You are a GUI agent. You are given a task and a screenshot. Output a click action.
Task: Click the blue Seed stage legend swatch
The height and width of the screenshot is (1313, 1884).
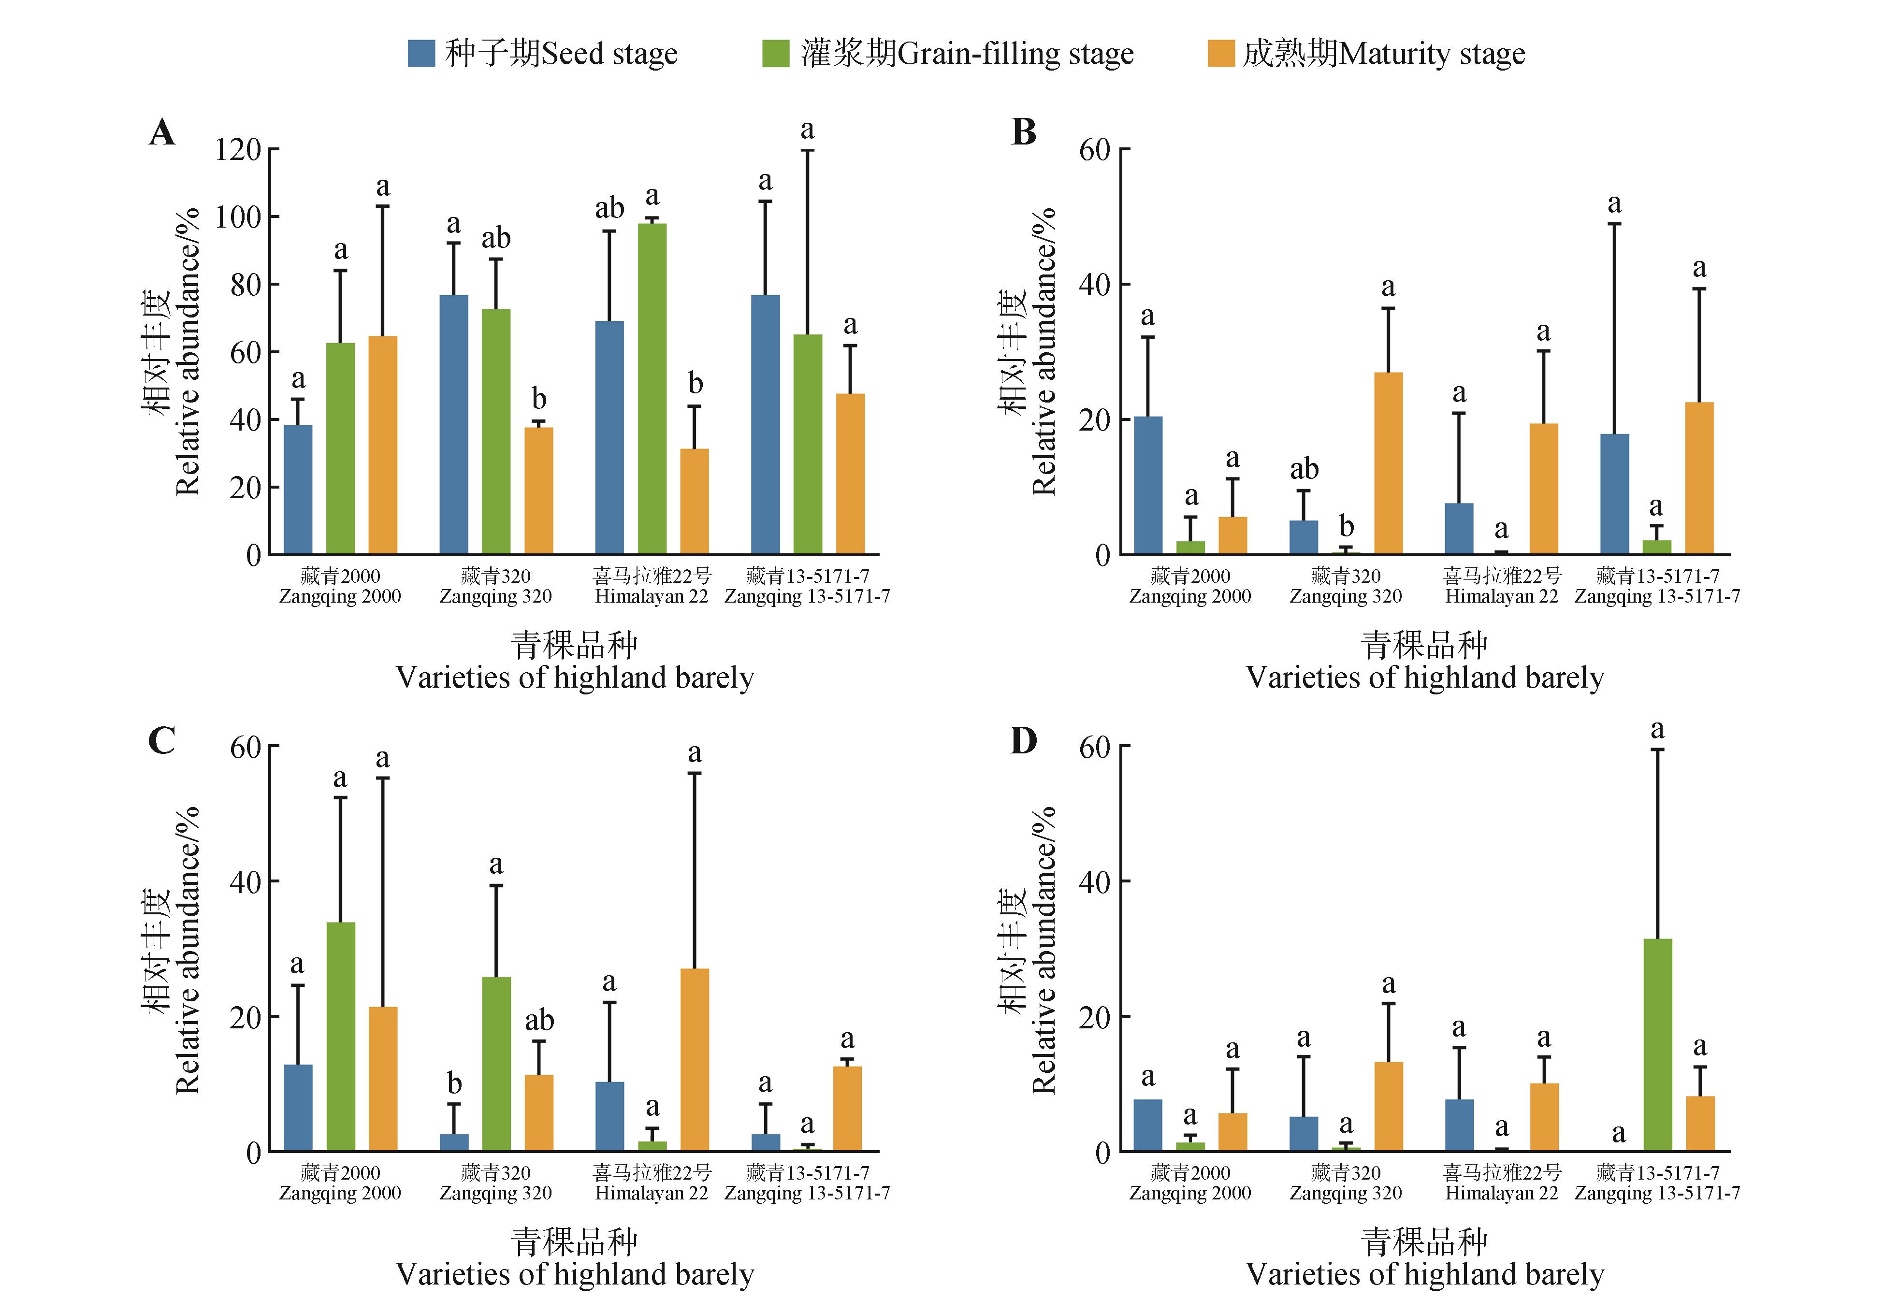pos(421,54)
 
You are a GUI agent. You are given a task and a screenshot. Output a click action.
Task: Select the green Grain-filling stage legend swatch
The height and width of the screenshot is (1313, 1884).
pos(775,54)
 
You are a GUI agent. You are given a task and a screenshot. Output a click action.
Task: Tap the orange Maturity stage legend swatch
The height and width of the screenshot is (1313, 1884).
pos(1221,54)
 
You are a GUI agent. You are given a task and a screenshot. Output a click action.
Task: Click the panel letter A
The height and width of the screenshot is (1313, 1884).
pos(161,132)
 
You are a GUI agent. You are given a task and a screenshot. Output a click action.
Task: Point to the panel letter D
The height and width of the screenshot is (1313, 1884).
pos(1023,741)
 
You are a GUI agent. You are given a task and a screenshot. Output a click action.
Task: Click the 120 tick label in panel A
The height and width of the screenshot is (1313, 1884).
pos(237,150)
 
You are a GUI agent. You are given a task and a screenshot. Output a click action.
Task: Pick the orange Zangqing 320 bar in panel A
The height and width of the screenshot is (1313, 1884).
pos(538,491)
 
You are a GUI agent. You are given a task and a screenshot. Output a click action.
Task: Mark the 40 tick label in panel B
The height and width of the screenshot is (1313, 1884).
pos(1095,285)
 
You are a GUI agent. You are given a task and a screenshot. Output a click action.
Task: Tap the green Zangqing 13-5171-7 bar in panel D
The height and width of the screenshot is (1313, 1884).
pos(1657,1045)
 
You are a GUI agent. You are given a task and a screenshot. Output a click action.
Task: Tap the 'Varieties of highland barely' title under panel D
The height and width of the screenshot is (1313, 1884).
pos(1424,1274)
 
